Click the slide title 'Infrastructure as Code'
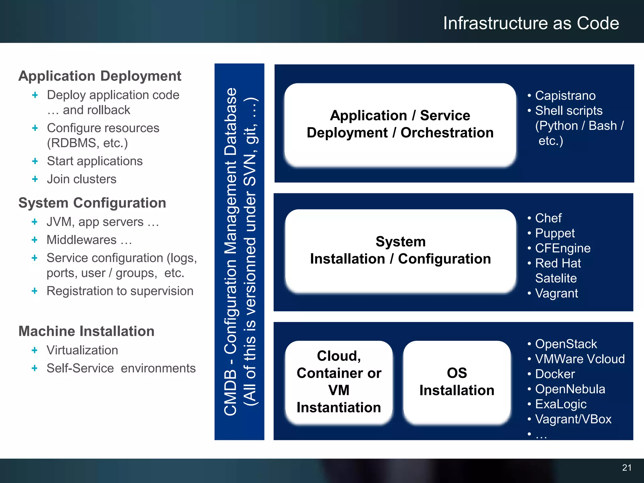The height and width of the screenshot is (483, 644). [x=531, y=23]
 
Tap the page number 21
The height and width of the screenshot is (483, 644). [x=627, y=468]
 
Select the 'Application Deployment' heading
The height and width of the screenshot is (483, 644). [x=100, y=76]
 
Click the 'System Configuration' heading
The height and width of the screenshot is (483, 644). [x=92, y=203]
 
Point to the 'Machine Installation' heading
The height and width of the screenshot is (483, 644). [x=86, y=331]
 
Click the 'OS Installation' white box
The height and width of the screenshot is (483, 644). [x=457, y=382]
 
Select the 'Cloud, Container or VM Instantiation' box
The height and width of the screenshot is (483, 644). [x=339, y=382]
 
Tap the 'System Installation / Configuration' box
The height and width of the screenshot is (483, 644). [x=400, y=251]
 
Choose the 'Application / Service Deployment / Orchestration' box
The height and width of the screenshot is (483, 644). [x=400, y=124]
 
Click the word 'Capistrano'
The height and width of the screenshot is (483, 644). [x=565, y=96]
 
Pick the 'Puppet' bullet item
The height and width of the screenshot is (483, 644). [x=555, y=233]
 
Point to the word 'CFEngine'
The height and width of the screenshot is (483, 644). [x=563, y=248]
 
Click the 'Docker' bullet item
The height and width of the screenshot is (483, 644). [x=555, y=374]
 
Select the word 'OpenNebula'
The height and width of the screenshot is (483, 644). [x=570, y=389]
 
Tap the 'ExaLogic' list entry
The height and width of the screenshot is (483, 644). [x=561, y=404]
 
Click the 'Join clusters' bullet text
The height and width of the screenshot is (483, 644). [x=81, y=179]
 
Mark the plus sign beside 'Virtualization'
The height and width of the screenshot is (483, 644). [x=35, y=350]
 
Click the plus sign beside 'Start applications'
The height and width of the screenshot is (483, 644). [x=35, y=161]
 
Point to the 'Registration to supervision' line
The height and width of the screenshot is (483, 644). [x=120, y=291]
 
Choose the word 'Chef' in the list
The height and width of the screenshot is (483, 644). [x=548, y=218]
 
